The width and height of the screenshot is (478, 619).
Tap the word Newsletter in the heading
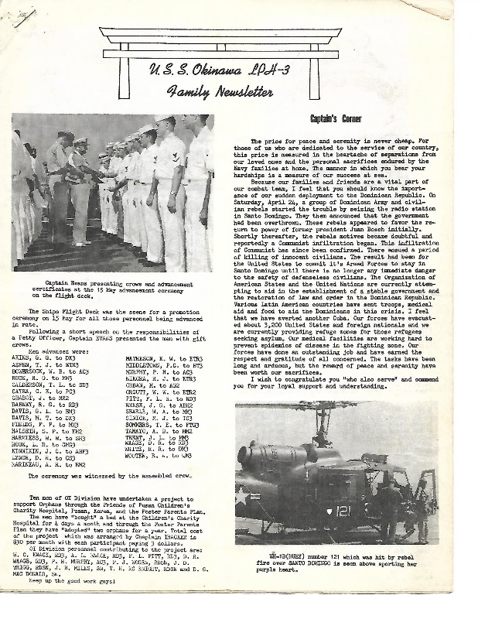click(239, 92)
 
